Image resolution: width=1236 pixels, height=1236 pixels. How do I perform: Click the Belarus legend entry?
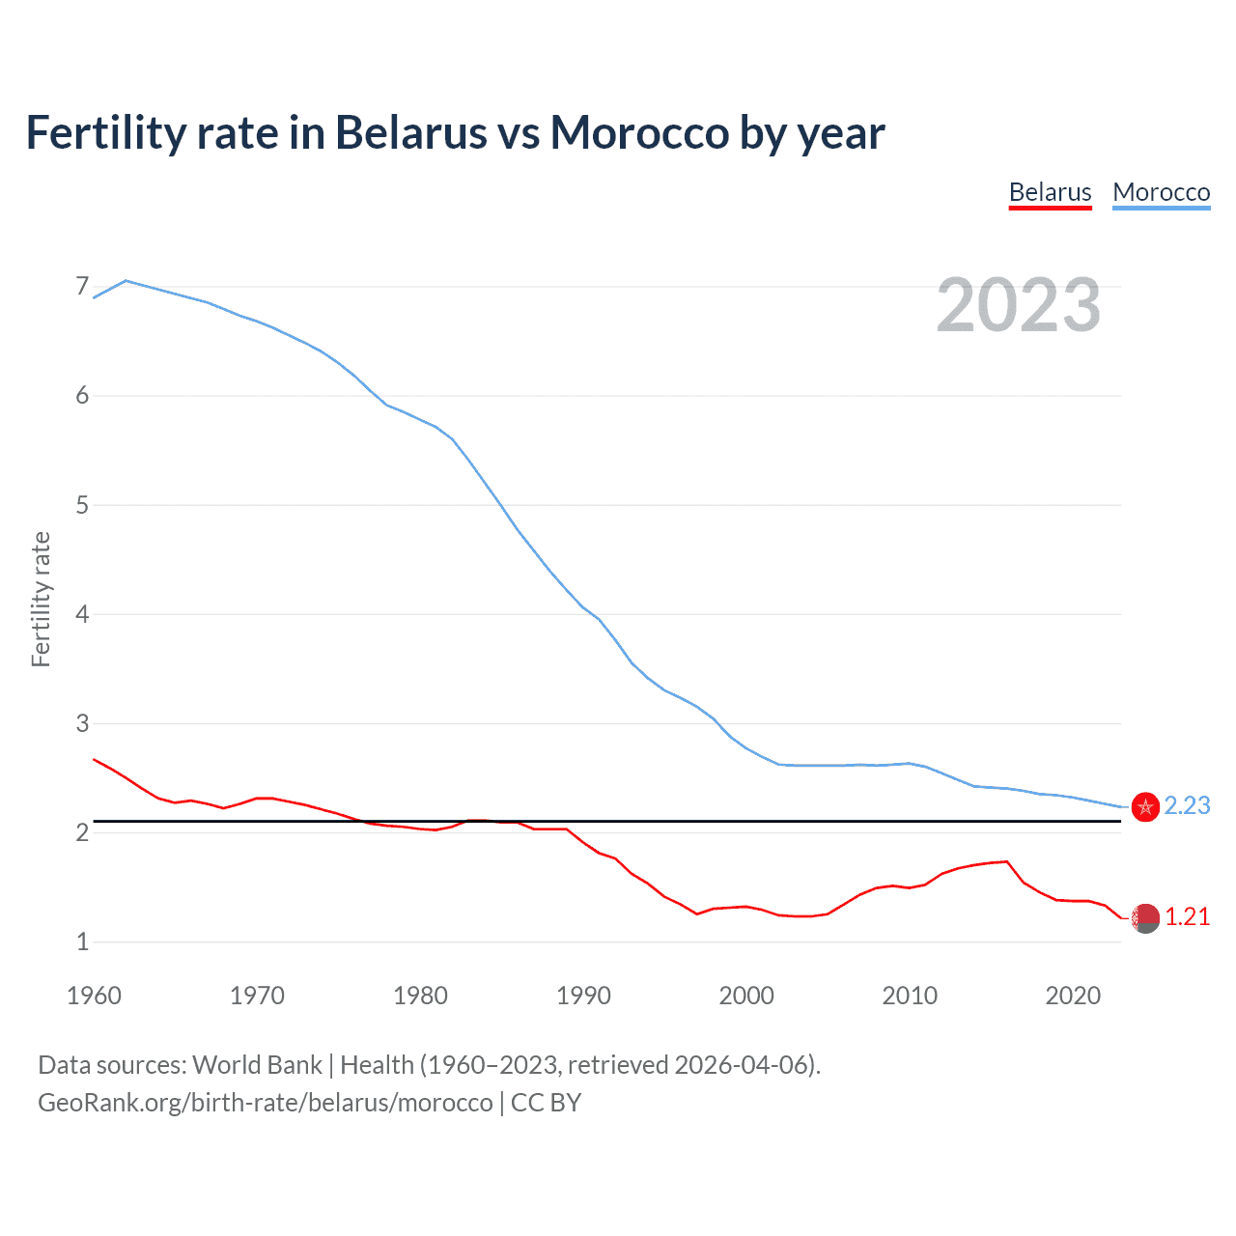tap(1050, 192)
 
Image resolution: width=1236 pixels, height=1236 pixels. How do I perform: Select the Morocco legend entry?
tap(1161, 192)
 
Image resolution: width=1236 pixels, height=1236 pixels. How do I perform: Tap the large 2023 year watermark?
tap(1019, 305)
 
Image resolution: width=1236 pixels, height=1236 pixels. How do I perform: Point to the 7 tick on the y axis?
tap(82, 287)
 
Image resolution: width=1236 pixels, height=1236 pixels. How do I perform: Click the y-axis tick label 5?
tap(82, 505)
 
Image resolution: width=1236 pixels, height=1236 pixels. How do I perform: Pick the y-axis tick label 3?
tap(82, 723)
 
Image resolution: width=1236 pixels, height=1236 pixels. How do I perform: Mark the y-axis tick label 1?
tap(82, 941)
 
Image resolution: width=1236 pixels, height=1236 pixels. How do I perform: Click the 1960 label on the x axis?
tap(94, 996)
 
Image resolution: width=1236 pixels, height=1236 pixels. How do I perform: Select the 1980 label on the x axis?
tap(420, 996)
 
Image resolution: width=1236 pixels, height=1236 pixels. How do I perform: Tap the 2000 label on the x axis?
tap(746, 996)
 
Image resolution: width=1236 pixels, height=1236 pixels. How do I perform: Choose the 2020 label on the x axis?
tap(1073, 996)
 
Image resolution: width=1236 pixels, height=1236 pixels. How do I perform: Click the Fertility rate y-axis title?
tap(41, 599)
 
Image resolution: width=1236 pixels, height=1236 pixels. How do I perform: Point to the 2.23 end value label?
tap(1187, 805)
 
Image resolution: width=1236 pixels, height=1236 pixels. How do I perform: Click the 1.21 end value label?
tap(1187, 916)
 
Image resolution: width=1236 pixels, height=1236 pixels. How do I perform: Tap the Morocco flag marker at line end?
tap(1145, 806)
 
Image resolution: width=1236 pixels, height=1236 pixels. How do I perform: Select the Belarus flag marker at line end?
tap(1145, 918)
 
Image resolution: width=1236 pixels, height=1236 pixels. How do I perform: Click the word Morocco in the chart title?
tap(639, 132)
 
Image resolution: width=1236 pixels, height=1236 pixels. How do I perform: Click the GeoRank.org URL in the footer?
tap(265, 1103)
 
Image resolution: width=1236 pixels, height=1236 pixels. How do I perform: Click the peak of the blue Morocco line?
tap(126, 280)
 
